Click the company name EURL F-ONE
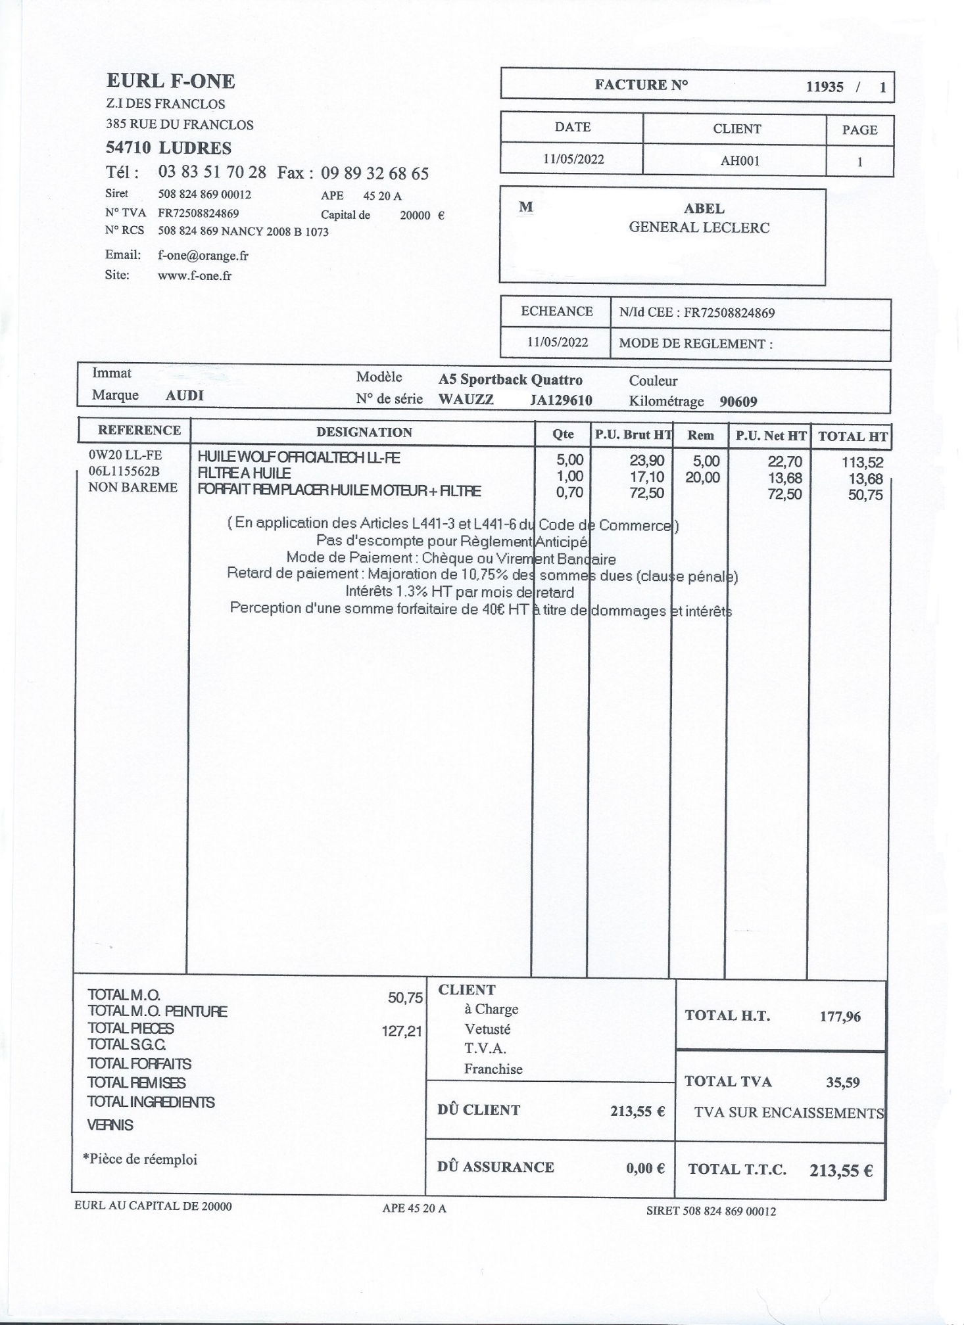click(170, 81)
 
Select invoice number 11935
click(825, 87)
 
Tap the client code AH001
click(740, 161)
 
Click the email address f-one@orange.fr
click(203, 256)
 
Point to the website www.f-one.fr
click(194, 276)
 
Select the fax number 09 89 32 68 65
click(374, 174)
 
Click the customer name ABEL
click(704, 209)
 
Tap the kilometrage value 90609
click(738, 402)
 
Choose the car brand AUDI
click(184, 396)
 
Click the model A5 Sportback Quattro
click(510, 380)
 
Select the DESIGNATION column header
click(364, 432)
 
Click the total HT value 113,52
click(862, 462)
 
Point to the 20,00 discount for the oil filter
click(702, 478)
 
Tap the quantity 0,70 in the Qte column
click(569, 492)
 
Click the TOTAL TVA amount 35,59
click(842, 1082)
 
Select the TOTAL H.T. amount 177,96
click(840, 1017)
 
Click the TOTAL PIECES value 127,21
click(402, 1031)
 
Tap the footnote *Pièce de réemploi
click(140, 1159)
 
